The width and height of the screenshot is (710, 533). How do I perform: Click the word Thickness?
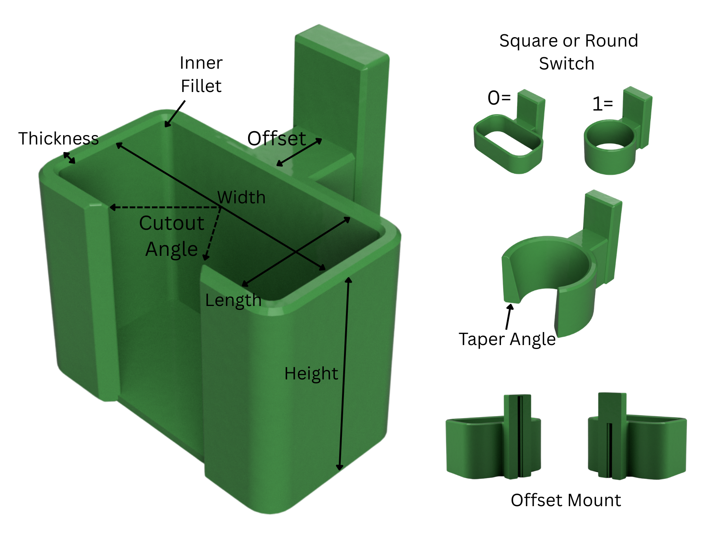58,139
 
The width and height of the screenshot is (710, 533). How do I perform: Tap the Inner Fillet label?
201,74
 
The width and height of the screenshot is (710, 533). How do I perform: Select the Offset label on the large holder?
276,139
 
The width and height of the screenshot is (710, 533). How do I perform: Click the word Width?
241,197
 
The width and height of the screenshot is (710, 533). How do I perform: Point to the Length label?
233,300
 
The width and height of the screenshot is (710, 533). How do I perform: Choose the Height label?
311,373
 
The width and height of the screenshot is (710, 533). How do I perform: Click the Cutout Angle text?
172,236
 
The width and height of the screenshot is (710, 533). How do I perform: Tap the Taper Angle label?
507,339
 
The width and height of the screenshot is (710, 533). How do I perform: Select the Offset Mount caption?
566,500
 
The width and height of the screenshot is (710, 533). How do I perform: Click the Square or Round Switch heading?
568,52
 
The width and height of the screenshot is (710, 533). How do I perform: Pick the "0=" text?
499,98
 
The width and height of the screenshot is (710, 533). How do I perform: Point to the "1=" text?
603,104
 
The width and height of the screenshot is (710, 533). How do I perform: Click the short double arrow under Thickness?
69,158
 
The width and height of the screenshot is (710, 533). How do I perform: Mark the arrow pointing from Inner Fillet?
175,114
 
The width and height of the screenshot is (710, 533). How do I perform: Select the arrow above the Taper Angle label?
509,316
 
